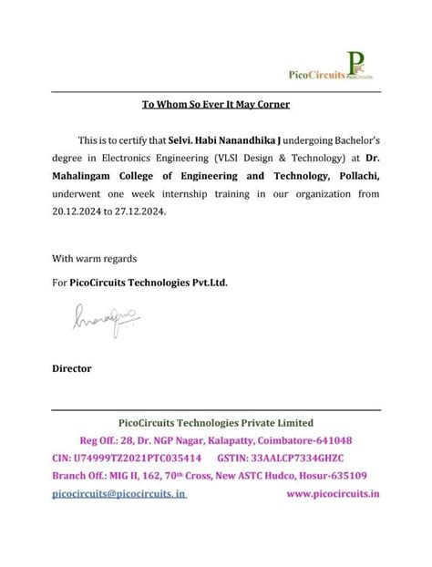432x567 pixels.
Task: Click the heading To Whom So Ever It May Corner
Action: (x=215, y=104)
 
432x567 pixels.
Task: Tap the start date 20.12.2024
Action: (x=77, y=210)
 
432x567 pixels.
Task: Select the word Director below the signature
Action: (x=72, y=368)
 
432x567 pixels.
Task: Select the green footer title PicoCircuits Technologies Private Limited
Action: (x=216, y=422)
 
